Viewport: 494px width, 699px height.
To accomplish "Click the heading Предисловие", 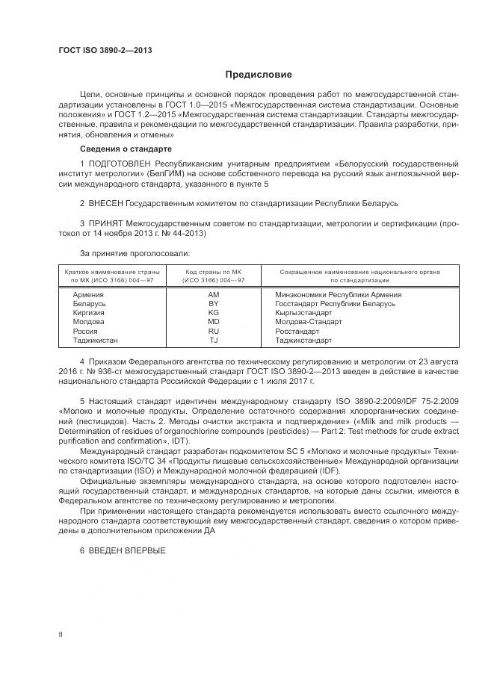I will click(x=259, y=75).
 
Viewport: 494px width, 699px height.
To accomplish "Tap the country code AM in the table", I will click(x=213, y=294).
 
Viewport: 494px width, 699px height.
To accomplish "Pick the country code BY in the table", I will click(x=213, y=303).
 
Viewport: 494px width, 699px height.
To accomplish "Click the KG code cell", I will click(x=213, y=312).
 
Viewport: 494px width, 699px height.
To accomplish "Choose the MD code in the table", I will click(x=213, y=322).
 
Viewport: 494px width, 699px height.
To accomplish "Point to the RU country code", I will click(x=213, y=331).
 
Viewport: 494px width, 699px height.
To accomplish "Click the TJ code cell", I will click(x=213, y=340).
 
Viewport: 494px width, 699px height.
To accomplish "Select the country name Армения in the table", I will click(x=89, y=294).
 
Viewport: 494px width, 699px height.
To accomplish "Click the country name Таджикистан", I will click(x=96, y=340).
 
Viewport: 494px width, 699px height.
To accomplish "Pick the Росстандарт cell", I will click(x=297, y=331).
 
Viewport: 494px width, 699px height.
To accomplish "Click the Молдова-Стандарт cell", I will click(x=309, y=322).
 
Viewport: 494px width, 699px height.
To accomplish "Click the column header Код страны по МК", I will click(x=213, y=272).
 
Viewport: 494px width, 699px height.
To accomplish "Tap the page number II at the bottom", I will click(x=61, y=634).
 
